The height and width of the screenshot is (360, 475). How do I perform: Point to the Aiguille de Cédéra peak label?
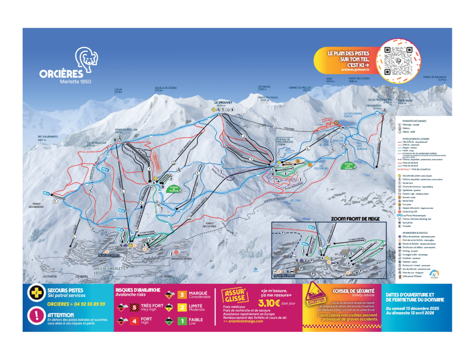point(165,88)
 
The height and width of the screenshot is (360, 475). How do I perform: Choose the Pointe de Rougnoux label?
point(434,78)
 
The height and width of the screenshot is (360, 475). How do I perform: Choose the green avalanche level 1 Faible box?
point(182,320)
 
